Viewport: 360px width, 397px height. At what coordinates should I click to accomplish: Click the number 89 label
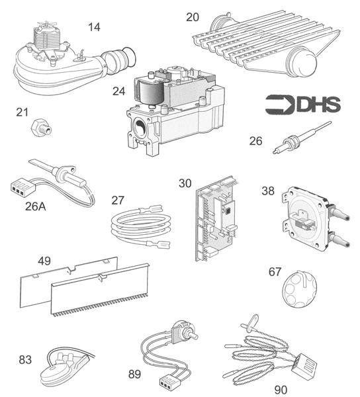[x=135, y=374]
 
